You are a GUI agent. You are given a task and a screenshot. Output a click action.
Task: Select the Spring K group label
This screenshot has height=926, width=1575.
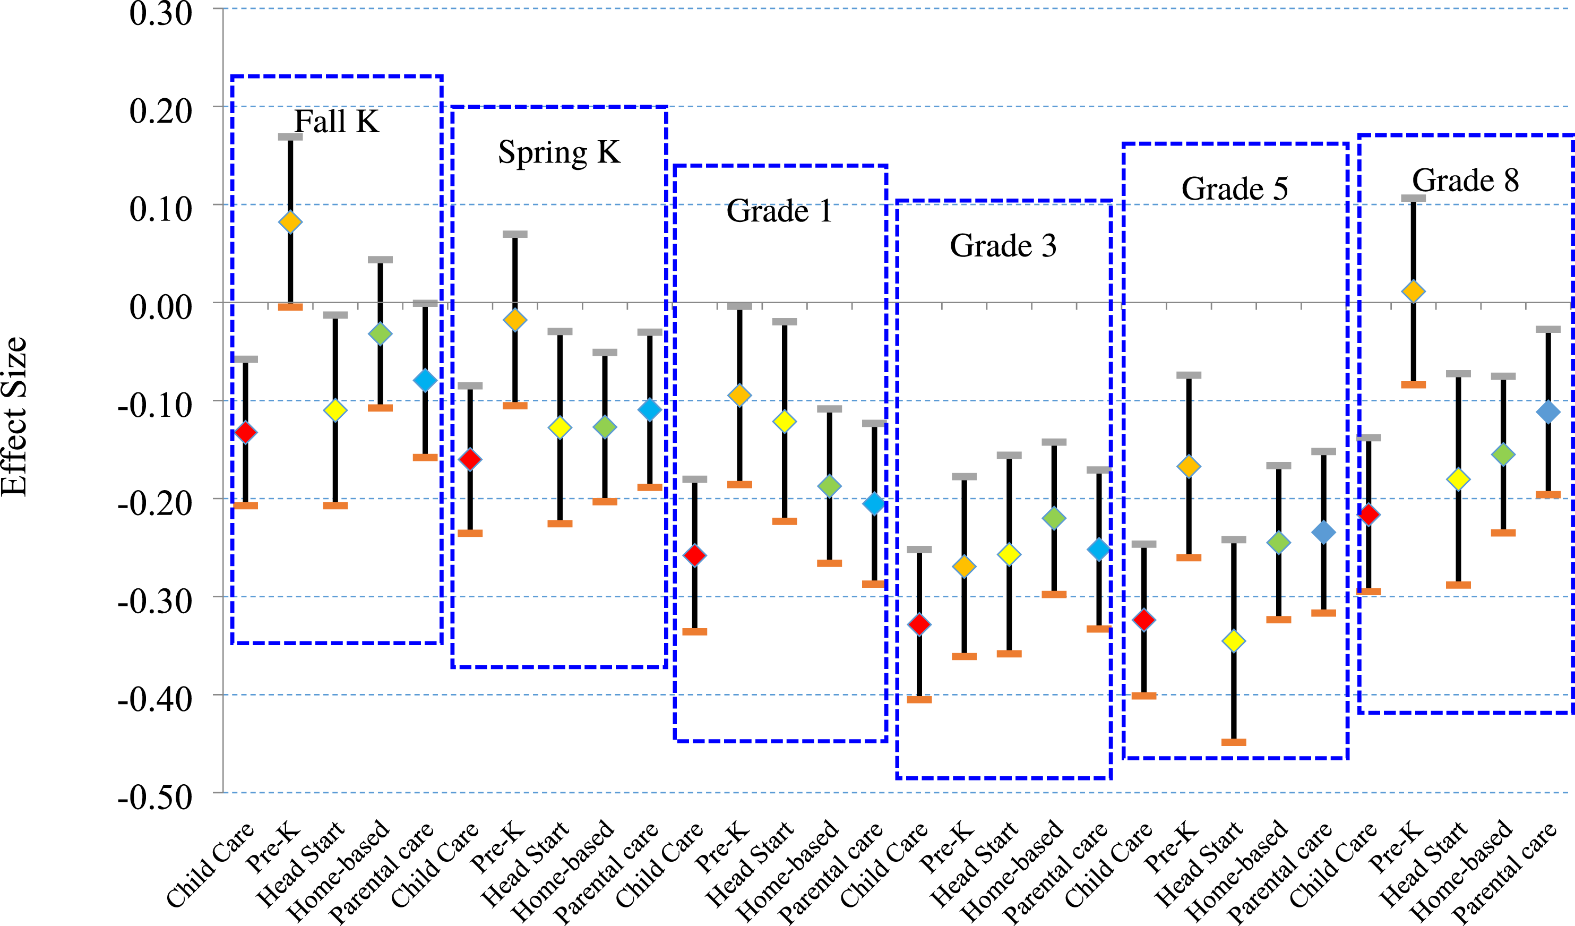pos(560,152)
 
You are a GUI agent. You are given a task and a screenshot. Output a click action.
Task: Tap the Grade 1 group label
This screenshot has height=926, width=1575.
pos(779,211)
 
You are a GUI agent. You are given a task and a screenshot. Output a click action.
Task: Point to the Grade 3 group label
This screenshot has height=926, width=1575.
pos(1003,245)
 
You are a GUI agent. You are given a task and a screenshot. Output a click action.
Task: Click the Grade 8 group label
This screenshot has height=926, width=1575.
pos(1466,180)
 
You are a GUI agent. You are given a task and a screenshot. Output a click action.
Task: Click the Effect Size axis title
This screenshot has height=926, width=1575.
pos(14,416)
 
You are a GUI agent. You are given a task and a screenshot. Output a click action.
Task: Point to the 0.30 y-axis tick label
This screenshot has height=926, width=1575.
pos(161,13)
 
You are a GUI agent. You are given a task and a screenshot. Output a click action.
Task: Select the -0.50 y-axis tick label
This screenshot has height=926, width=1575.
pos(155,797)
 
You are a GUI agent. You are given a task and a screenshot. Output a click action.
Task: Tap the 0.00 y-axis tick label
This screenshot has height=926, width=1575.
pos(161,307)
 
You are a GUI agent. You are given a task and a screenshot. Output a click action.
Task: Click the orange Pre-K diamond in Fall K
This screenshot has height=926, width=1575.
pos(290,221)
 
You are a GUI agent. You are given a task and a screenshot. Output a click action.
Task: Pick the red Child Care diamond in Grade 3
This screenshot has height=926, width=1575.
pos(919,624)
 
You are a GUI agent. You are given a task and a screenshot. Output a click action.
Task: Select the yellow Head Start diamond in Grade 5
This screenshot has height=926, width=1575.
pos(1234,640)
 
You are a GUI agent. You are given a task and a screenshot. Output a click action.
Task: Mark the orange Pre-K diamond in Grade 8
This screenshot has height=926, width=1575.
pos(1414,291)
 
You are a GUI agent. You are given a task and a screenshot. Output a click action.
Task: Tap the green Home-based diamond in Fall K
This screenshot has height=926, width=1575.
pos(380,334)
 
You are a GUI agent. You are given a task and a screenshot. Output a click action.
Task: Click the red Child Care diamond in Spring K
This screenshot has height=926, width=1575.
pos(470,460)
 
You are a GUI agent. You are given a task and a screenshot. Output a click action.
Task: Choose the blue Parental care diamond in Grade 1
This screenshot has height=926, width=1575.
pos(874,503)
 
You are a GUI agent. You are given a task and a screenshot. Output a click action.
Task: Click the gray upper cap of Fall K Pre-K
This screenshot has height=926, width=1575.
pos(290,137)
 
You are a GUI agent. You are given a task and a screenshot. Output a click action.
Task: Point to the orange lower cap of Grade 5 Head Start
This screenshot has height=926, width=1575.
pos(1234,742)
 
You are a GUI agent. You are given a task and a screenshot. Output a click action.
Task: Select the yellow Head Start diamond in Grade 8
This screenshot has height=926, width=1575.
pos(1459,479)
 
